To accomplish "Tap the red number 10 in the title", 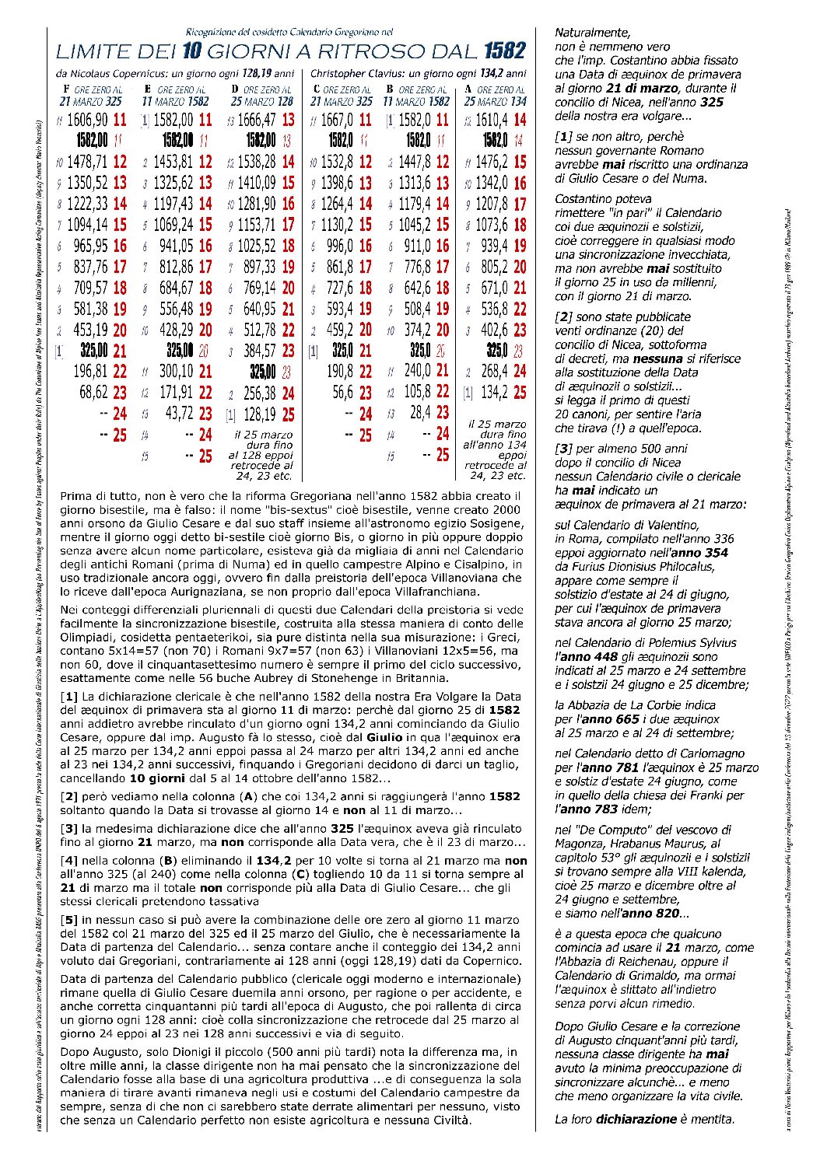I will (x=191, y=52).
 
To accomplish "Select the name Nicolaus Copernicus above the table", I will (x=117, y=74).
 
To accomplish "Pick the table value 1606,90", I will (x=87, y=121).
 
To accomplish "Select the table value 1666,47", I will (x=255, y=121).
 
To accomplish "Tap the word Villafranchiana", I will (x=429, y=592).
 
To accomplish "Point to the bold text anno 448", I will (x=579, y=657).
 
